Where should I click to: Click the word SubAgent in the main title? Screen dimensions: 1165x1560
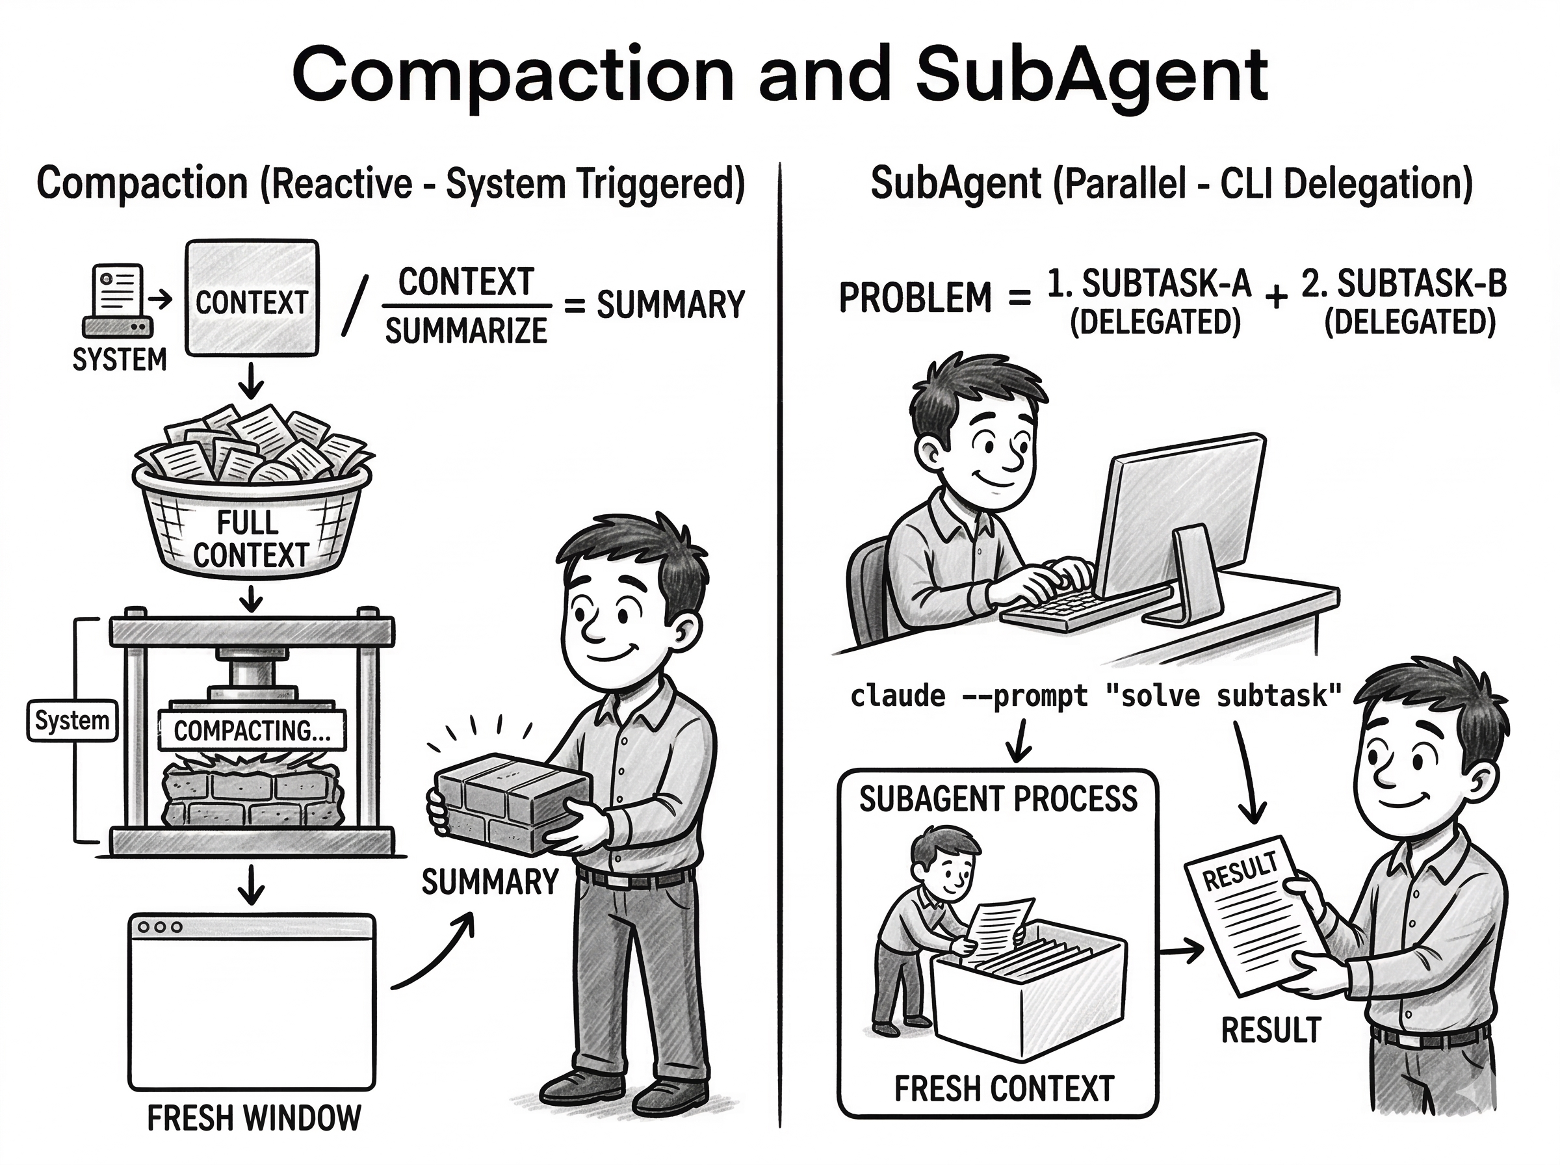click(x=1091, y=76)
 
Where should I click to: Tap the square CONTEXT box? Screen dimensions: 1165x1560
click(x=252, y=298)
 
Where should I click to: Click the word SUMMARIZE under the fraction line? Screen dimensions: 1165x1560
click(x=466, y=331)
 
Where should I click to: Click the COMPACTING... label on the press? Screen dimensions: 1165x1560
click(x=252, y=731)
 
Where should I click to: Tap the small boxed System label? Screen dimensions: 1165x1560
click(x=72, y=720)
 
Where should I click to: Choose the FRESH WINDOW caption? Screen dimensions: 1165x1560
click(x=253, y=1118)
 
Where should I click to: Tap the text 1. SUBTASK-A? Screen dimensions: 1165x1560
click(x=1149, y=284)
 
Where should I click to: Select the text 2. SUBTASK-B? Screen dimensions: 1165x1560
click(x=1403, y=284)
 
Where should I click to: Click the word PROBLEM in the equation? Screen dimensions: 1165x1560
click(x=915, y=298)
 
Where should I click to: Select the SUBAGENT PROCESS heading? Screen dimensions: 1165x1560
click(x=998, y=799)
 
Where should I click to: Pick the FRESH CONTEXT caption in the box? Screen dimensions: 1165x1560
click(x=1004, y=1089)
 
